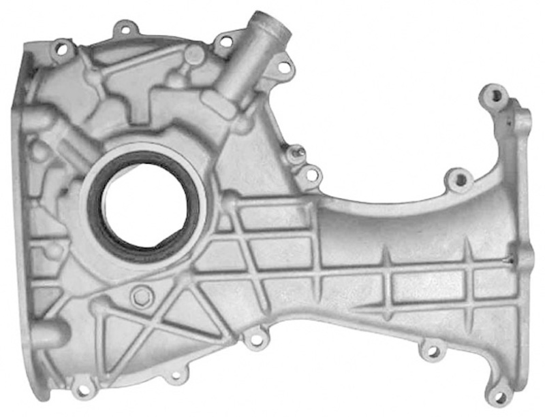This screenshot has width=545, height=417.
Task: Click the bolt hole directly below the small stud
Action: (311, 175)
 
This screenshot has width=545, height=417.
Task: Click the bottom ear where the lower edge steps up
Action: (255, 338)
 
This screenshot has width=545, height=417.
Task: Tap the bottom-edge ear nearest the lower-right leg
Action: (432, 352)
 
